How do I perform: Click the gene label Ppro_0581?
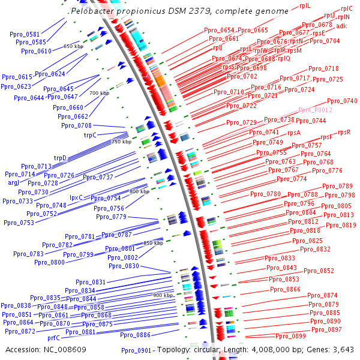(x=25, y=34)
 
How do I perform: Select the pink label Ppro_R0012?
(x=315, y=110)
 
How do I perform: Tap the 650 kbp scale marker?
(x=73, y=46)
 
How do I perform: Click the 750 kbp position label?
(x=121, y=142)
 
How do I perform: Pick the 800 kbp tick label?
(x=139, y=191)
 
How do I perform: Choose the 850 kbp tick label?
(x=153, y=243)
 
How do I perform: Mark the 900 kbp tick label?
(x=163, y=295)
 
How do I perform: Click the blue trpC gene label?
(x=90, y=136)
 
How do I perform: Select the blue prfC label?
(x=53, y=338)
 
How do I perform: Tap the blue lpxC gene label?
(x=76, y=197)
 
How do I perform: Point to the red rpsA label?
(x=294, y=133)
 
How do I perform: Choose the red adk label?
(x=341, y=26)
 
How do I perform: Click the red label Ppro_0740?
(x=342, y=101)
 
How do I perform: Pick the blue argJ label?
(x=14, y=182)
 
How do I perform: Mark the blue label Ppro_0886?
(x=135, y=335)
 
